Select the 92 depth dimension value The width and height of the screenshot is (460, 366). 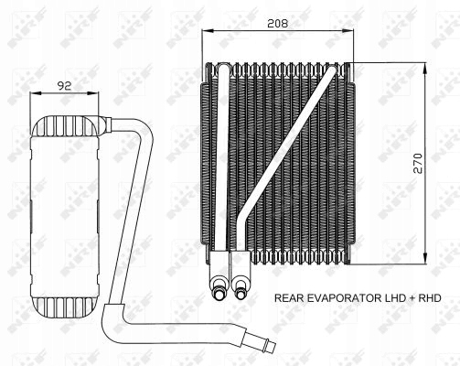pyautogui.click(x=65, y=86)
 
